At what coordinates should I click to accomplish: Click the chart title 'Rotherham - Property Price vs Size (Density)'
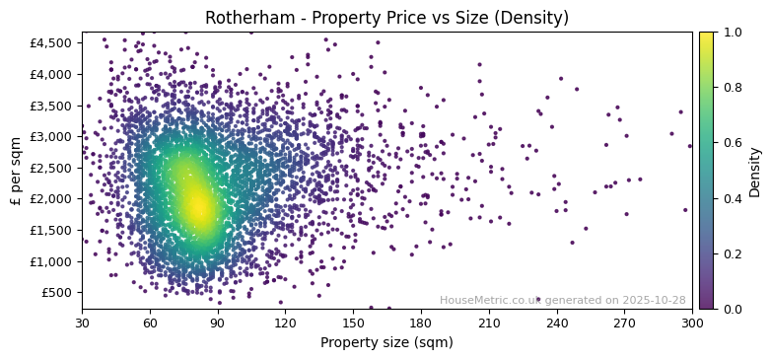(386, 18)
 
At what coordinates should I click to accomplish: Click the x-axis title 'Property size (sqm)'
(386, 343)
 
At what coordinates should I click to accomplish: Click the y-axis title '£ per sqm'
(16, 171)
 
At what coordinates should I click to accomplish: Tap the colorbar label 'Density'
(755, 172)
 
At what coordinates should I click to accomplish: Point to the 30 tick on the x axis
(82, 323)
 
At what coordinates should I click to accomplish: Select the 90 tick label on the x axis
(218, 323)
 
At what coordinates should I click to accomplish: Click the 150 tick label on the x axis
(353, 323)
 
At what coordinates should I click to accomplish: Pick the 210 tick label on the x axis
(489, 323)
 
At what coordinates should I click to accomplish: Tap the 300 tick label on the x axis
(692, 323)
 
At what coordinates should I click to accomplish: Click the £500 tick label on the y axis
(56, 293)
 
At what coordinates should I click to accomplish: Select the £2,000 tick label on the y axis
(52, 199)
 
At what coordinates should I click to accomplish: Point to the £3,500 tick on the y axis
(52, 106)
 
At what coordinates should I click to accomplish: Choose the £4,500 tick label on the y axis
(52, 43)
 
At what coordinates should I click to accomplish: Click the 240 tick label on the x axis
(557, 323)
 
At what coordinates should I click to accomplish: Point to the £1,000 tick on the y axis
(52, 261)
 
